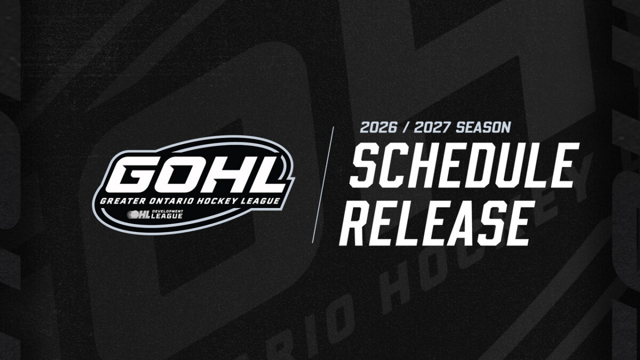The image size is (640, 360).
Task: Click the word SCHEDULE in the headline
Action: pyautogui.click(x=465, y=165)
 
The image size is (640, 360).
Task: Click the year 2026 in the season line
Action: pyautogui.click(x=379, y=127)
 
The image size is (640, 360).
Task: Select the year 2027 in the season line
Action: pyautogui.click(x=433, y=127)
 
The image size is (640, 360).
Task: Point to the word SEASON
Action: pyautogui.click(x=483, y=127)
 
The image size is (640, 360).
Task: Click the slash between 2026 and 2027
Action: pyautogui.click(x=406, y=127)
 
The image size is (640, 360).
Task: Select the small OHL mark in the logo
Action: pyautogui.click(x=139, y=214)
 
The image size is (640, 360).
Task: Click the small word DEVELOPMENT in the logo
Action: pyautogui.click(x=167, y=211)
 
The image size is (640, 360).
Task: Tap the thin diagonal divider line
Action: pyautogui.click(x=323, y=185)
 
